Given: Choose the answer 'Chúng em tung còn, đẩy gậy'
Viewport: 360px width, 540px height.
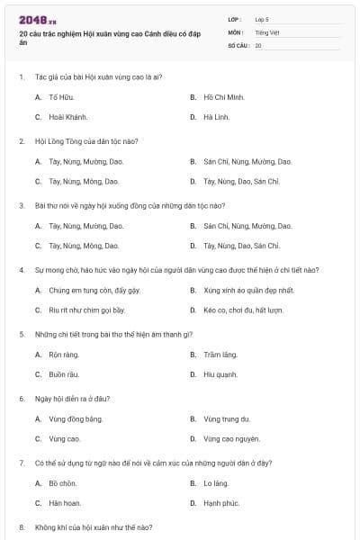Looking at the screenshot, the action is click(94, 291).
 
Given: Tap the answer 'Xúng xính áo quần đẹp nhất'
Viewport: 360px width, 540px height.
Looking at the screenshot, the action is click(248, 291).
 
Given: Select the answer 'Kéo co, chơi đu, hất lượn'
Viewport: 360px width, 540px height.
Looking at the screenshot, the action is click(243, 310).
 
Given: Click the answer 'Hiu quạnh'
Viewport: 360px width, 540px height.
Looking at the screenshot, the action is click(220, 374).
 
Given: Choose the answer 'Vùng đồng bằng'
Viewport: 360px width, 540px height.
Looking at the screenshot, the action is click(76, 418).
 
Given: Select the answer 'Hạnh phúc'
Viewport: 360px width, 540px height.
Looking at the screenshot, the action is click(221, 503).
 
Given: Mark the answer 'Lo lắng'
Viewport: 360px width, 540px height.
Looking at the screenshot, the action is click(216, 483).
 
